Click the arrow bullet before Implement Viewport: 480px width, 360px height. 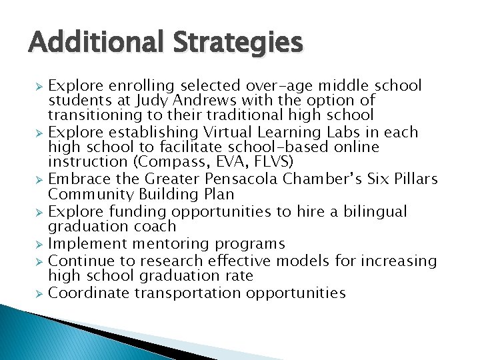coord(39,245)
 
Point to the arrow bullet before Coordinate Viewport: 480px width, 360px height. coord(39,293)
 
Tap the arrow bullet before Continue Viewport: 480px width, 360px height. coord(39,261)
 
